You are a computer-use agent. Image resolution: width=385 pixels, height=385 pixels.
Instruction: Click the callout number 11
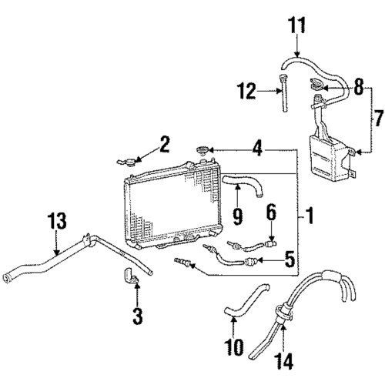[296, 25]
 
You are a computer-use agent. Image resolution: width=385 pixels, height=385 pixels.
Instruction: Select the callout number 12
[246, 91]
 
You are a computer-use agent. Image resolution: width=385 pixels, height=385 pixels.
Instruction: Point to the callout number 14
[283, 361]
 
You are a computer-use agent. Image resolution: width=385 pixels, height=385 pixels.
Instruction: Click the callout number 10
[233, 347]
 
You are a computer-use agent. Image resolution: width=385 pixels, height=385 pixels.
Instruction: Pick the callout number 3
[138, 316]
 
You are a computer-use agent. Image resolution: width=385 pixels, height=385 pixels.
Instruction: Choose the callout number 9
[238, 216]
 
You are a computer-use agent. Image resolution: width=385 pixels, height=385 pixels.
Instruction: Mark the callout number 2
[164, 144]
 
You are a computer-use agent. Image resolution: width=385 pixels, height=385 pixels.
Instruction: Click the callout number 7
[378, 118]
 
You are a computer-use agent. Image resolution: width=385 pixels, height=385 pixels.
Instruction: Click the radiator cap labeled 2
[126, 162]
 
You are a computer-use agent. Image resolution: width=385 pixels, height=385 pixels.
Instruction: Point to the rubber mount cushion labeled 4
[203, 150]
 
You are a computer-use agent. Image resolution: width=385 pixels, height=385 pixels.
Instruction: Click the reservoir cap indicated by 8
[316, 84]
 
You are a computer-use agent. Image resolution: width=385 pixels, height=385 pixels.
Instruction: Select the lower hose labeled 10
[246, 300]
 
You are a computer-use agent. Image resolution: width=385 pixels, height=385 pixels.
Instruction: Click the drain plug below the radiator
[182, 262]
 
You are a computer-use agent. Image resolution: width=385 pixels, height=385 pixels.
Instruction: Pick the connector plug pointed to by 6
[270, 243]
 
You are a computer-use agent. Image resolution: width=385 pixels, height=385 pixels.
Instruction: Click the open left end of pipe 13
[5, 279]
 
